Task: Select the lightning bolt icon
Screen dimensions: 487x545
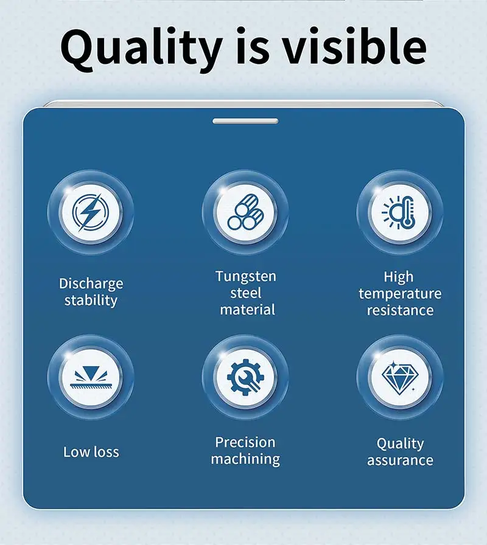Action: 91,212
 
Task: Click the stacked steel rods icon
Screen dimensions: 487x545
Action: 245,212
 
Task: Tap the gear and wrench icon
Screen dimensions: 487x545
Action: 245,377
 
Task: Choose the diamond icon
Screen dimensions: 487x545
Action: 398,378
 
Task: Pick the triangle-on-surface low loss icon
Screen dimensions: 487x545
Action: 91,378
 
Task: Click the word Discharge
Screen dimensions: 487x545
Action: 91,284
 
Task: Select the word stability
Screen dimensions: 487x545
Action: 91,300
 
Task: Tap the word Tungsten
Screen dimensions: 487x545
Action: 245,277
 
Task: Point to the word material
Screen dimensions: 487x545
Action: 247,310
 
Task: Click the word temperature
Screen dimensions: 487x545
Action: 400,294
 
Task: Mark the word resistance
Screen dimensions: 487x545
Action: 400,310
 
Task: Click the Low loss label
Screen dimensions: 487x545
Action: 91,452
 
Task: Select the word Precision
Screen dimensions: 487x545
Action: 245,442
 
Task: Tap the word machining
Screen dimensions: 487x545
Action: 245,459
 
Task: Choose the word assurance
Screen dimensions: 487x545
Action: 400,460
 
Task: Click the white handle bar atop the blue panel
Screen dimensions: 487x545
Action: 245,121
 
